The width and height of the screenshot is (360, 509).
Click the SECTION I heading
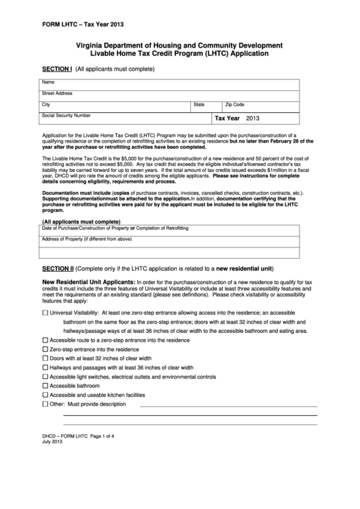pos(57,69)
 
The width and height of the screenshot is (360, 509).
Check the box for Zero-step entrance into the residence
pos(46,349)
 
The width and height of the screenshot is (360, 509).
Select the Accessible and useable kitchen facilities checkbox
pos(46,394)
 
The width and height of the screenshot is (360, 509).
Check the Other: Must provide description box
pos(46,404)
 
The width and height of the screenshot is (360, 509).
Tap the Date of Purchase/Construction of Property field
pos(180,229)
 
